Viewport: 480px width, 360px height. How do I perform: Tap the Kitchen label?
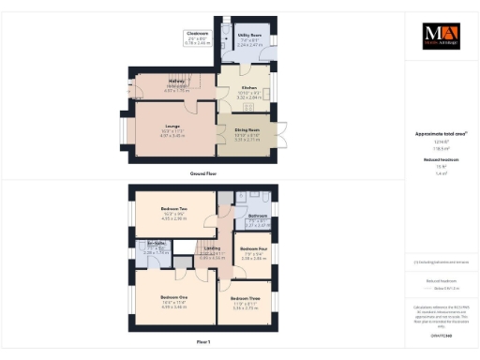[248, 89]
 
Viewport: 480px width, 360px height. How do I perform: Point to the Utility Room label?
[248, 38]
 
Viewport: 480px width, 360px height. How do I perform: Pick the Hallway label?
[150, 82]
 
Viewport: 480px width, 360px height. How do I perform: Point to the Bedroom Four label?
[253, 249]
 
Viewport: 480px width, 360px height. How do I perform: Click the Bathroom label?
[258, 217]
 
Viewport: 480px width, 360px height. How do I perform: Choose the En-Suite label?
[156, 248]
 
